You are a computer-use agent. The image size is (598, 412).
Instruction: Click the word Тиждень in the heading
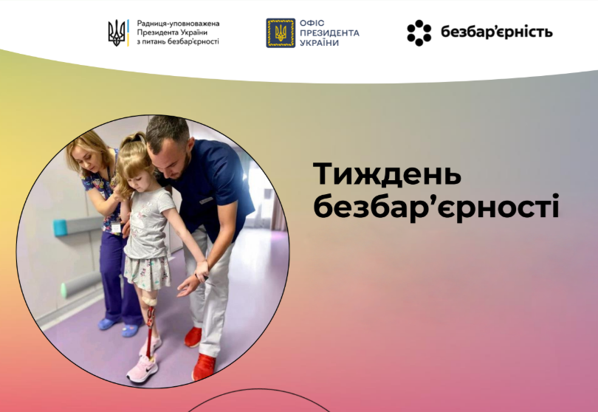tap(387, 174)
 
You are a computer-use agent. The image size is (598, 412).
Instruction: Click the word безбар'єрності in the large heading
tap(436, 206)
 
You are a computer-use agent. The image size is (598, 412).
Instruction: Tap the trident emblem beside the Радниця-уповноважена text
tap(117, 32)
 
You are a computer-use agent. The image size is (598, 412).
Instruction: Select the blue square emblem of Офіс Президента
tap(281, 32)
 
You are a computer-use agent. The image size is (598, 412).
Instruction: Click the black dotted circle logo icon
tap(419, 32)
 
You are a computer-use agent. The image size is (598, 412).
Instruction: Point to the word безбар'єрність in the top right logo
tap(497, 32)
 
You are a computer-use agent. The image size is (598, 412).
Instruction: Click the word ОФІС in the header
tap(312, 23)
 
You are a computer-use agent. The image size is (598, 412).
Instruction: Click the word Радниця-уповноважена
tap(178, 24)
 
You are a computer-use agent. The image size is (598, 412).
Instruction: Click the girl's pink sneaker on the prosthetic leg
tap(142, 368)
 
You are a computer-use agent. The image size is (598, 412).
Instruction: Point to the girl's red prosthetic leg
tap(151, 328)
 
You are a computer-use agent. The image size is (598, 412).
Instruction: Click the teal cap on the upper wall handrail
tap(60, 227)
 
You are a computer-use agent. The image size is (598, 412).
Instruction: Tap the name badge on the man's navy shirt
tap(206, 200)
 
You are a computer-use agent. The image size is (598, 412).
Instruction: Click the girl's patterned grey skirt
tap(147, 272)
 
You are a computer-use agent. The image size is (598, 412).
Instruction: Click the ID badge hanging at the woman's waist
tap(116, 227)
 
